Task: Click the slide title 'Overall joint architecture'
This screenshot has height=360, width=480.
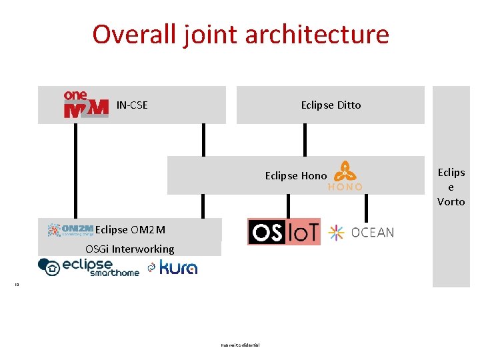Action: pyautogui.click(x=240, y=34)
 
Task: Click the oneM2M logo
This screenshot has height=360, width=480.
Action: pyautogui.click(x=85, y=105)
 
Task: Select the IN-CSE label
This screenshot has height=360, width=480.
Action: pyautogui.click(x=132, y=105)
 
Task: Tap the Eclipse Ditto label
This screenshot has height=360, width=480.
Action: pyautogui.click(x=331, y=105)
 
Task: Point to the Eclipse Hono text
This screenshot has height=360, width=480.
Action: pyautogui.click(x=295, y=176)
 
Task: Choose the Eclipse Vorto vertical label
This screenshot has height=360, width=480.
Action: pyautogui.click(x=451, y=187)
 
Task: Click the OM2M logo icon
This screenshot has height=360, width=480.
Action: pyautogui.click(x=71, y=230)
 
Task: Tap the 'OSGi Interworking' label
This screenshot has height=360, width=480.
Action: pyautogui.click(x=129, y=249)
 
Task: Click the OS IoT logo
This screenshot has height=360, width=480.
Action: pyautogui.click(x=283, y=232)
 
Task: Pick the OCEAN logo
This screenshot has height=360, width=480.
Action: pyautogui.click(x=362, y=232)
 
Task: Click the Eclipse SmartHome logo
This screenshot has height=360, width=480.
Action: pyautogui.click(x=89, y=267)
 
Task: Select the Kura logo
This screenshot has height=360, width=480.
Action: pyautogui.click(x=173, y=267)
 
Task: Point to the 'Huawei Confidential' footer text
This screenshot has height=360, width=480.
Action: pyautogui.click(x=240, y=345)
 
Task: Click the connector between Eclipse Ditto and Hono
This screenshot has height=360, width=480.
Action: pyautogui.click(x=305, y=140)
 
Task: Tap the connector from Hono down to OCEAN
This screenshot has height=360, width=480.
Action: pyautogui.click(x=365, y=207)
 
